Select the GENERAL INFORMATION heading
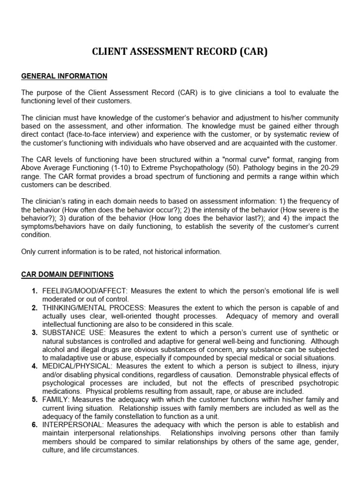tap(64, 76)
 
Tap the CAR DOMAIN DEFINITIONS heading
tap(67, 274)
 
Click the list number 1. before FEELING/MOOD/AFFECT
tap(35, 292)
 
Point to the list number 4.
tap(35, 367)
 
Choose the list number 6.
tap(35, 425)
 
